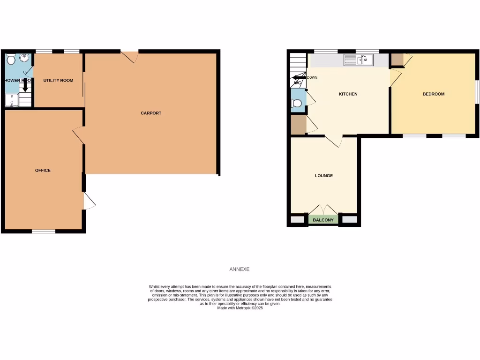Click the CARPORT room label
(x=151, y=113)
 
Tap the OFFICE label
(x=43, y=170)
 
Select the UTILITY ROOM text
(x=58, y=81)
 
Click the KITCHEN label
(x=348, y=94)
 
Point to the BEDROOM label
(x=433, y=94)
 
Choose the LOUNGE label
(x=324, y=176)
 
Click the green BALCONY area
(x=323, y=220)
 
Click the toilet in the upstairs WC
(x=296, y=103)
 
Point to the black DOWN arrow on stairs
(x=299, y=77)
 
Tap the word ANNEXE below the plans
(x=240, y=270)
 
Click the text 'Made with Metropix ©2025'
(x=240, y=308)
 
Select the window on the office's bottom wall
(x=44, y=231)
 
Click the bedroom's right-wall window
(x=477, y=92)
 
